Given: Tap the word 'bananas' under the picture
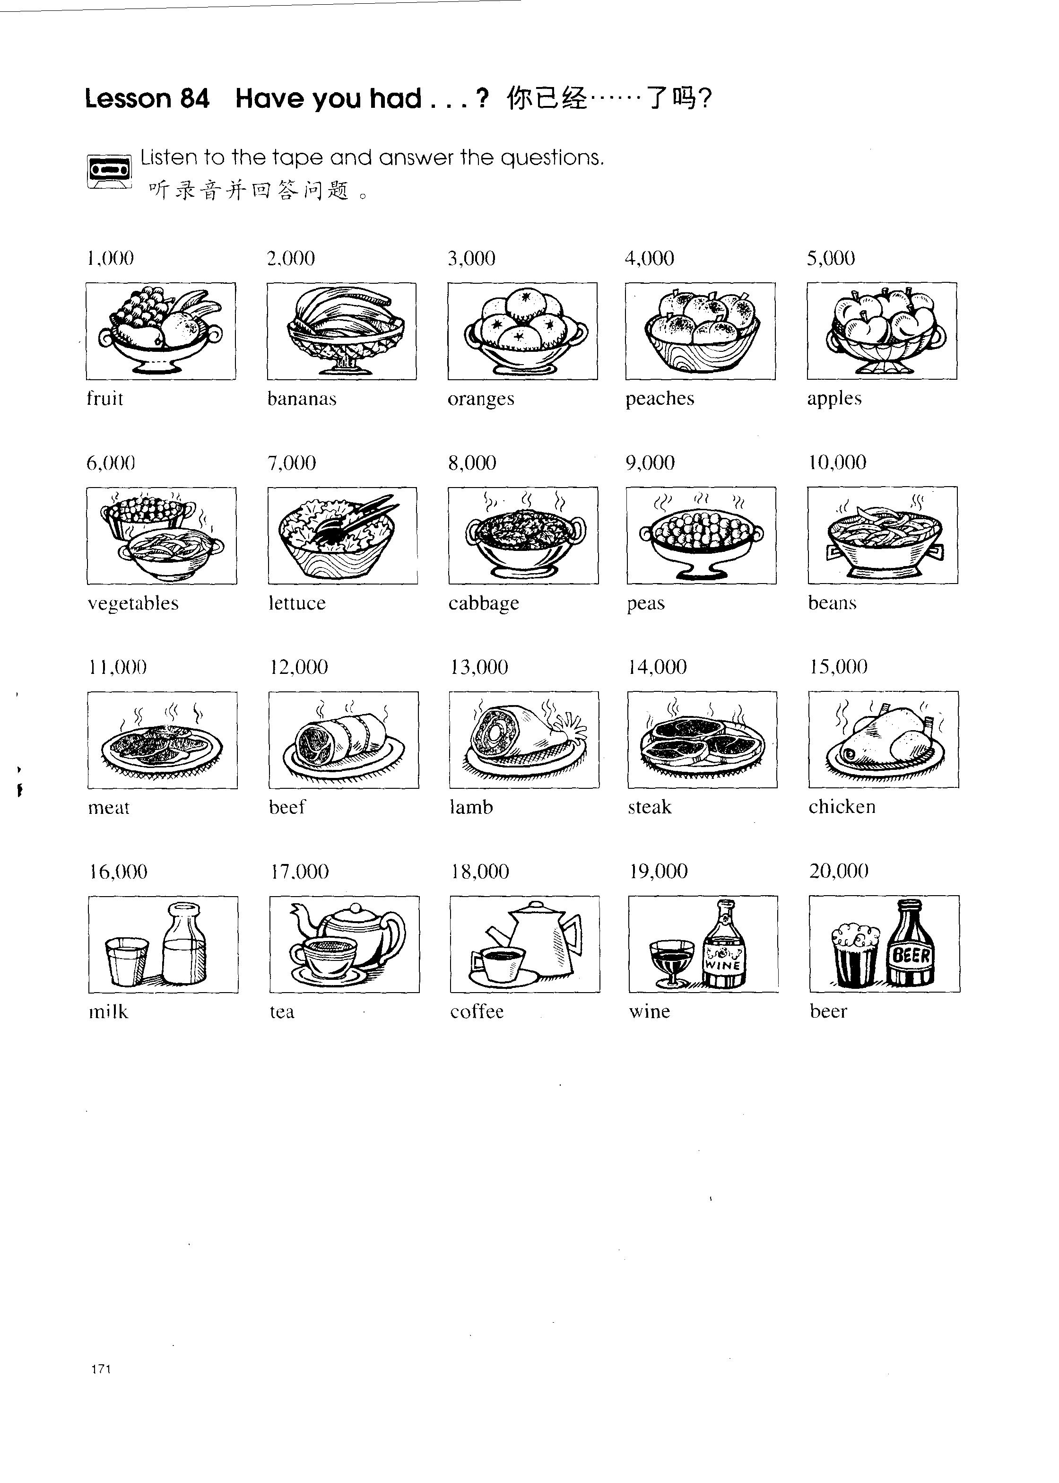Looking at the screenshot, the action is (302, 399).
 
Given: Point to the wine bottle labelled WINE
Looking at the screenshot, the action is (724, 944).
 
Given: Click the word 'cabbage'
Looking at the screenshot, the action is (484, 603).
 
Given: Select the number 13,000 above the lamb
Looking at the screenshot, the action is (479, 667).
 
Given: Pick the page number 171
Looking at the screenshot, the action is (101, 1370).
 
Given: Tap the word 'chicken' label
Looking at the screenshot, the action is (842, 807).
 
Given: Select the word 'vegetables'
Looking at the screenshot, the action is (133, 603).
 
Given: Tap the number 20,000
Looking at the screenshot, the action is (839, 871).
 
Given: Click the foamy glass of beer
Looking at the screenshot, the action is (856, 955).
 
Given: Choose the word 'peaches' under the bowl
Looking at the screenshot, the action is (660, 399).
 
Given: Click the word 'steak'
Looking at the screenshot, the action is (650, 807).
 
